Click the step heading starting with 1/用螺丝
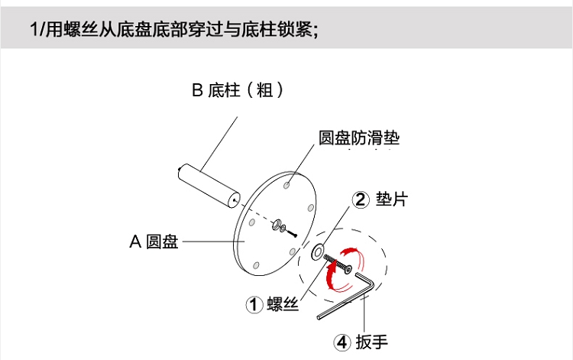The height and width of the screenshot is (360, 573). pyautogui.click(x=174, y=29)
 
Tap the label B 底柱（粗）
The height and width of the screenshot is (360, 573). pyautogui.click(x=238, y=90)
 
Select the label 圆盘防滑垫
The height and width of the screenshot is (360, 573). pyautogui.click(x=359, y=138)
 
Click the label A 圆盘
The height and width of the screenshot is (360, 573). pyautogui.click(x=154, y=242)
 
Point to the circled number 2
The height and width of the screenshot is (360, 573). pyautogui.click(x=361, y=199)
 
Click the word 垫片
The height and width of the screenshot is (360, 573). pyautogui.click(x=392, y=199)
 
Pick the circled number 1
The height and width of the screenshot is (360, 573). pyautogui.click(x=254, y=304)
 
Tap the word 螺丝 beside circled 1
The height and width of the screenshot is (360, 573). pyautogui.click(x=283, y=303)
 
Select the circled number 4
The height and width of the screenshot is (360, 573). pyautogui.click(x=342, y=342)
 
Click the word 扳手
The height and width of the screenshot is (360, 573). pyautogui.click(x=371, y=342)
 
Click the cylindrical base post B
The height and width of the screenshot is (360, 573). pyautogui.click(x=209, y=186)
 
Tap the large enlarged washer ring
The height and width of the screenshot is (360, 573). pyautogui.click(x=317, y=251)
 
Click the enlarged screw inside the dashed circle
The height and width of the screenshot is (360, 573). pyautogui.click(x=338, y=264)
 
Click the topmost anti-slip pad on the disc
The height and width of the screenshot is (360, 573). pyautogui.click(x=286, y=185)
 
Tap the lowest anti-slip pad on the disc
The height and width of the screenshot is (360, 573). pyautogui.click(x=256, y=265)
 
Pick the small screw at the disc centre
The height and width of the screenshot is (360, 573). pyautogui.click(x=292, y=233)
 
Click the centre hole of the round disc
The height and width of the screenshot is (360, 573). pyautogui.click(x=277, y=225)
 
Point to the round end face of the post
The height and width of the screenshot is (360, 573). pyautogui.click(x=234, y=200)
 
